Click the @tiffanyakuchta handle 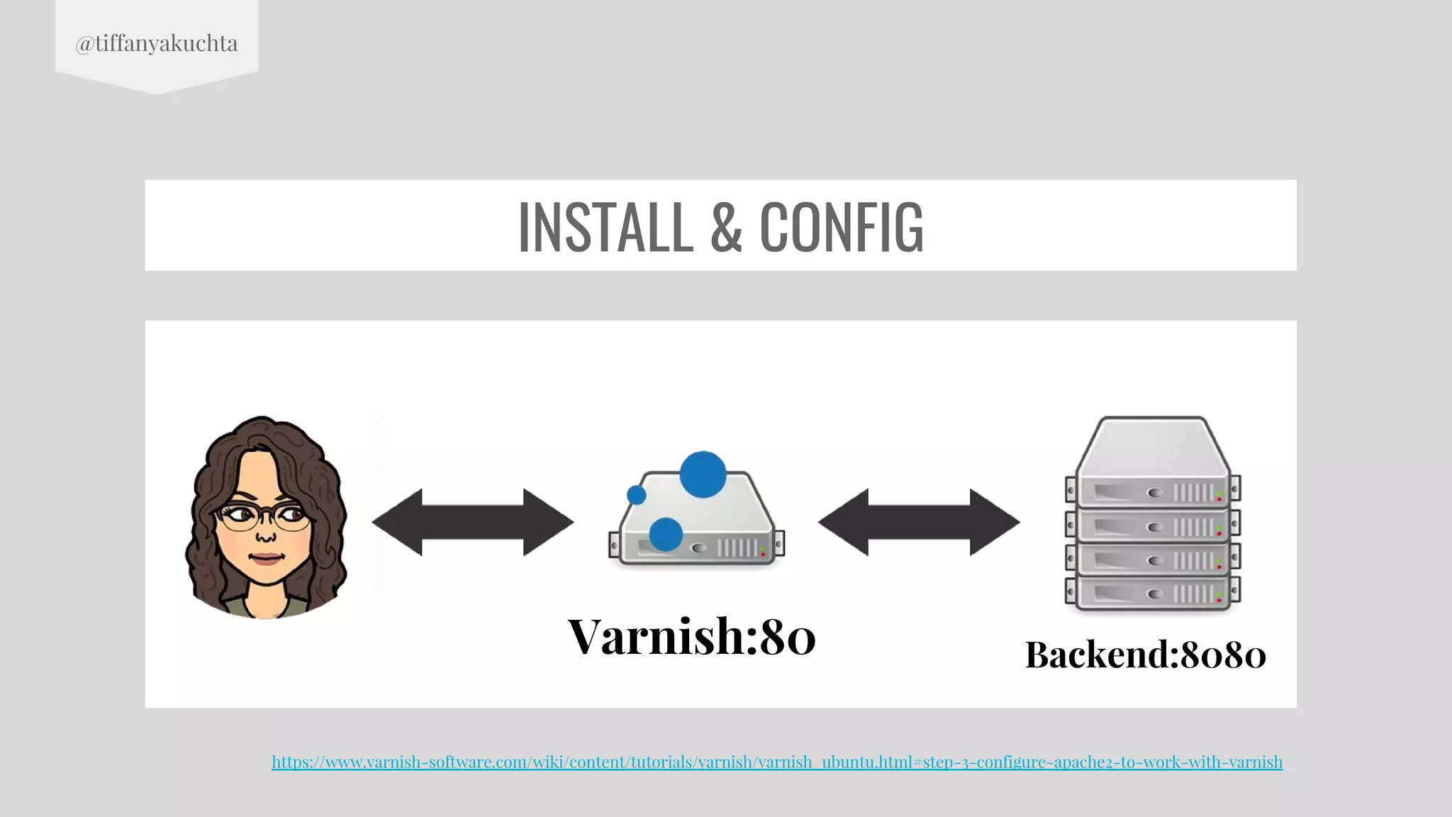(157, 43)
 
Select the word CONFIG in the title (842, 226)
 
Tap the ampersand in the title (725, 226)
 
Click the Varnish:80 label (692, 636)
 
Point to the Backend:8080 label (1145, 654)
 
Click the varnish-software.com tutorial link (777, 762)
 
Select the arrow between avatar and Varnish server (473, 522)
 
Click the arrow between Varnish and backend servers (919, 522)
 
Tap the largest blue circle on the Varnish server (703, 474)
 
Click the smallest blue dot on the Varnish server (637, 494)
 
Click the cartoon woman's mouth (267, 558)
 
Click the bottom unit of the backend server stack (1152, 593)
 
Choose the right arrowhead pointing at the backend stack (994, 522)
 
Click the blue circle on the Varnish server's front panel (666, 534)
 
